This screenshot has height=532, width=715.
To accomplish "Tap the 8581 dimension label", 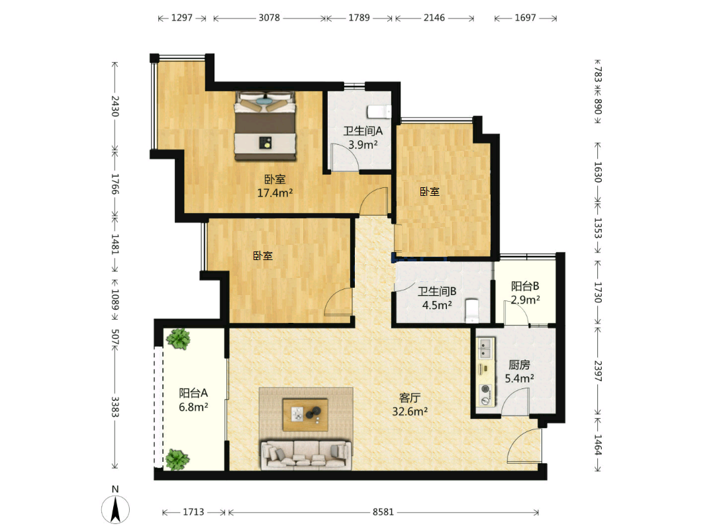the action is pyautogui.click(x=383, y=512).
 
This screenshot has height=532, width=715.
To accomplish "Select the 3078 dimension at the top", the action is pyautogui.click(x=269, y=18).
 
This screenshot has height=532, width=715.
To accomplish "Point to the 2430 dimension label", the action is pyautogui.click(x=115, y=106).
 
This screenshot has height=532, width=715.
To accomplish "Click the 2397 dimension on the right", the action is pyautogui.click(x=598, y=371).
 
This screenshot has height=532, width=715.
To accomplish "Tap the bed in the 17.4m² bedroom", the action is pyautogui.click(x=265, y=126).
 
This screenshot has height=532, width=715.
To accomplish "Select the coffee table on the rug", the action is pyautogui.click(x=305, y=414).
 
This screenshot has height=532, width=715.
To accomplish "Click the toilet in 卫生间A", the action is pyautogui.click(x=379, y=111).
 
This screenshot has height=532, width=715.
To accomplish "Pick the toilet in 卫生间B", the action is pyautogui.click(x=471, y=310).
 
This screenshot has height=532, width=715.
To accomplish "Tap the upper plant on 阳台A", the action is pyautogui.click(x=178, y=339).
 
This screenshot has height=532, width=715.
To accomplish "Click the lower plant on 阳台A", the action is pyautogui.click(x=177, y=459).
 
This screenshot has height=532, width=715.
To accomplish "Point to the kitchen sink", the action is pyautogui.click(x=486, y=348).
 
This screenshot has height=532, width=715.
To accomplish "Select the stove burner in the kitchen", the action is pyautogui.click(x=486, y=389).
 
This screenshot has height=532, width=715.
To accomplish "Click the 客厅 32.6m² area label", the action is pyautogui.click(x=410, y=405).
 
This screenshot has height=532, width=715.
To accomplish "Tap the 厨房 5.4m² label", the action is pyautogui.click(x=520, y=371).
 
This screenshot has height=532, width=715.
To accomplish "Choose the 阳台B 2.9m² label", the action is pyautogui.click(x=525, y=292).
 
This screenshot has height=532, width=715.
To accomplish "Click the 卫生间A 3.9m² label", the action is pyautogui.click(x=363, y=138).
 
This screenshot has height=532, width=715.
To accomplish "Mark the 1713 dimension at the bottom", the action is pyautogui.click(x=193, y=512).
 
